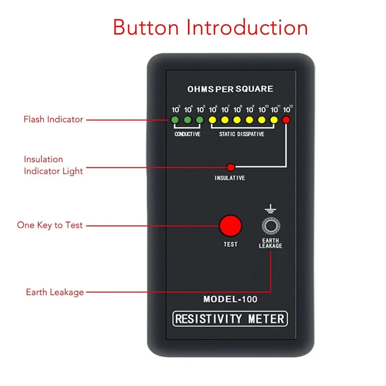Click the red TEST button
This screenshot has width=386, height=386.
point(230,226)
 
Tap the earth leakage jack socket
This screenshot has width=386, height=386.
point(270,226)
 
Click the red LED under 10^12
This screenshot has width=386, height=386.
point(287,120)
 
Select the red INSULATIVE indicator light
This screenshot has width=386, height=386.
point(231,167)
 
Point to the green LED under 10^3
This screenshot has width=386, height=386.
point(176,120)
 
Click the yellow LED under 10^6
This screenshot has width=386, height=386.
point(212,120)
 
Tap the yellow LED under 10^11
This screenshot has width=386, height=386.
point(274,120)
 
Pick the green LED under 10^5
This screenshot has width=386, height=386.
point(200,120)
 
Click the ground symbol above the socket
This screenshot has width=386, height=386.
point(270,209)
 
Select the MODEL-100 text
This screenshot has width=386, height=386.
point(230,299)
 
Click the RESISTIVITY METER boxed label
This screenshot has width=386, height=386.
point(230,318)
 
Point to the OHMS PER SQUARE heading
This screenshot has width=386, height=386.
point(230,89)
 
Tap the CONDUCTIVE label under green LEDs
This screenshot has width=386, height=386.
point(187,134)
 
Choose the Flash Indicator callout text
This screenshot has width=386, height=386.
point(53,119)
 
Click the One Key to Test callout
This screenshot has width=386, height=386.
point(50,225)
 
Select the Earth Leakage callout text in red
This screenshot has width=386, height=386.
point(55,292)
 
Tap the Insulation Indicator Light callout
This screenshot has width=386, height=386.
point(53,165)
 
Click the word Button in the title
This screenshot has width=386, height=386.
point(146,28)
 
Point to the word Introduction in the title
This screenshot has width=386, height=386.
point(247,28)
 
